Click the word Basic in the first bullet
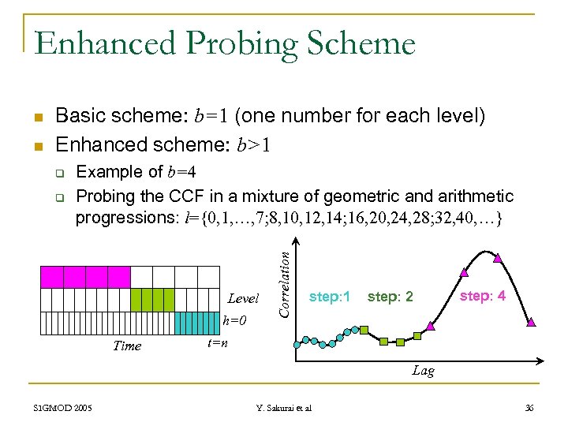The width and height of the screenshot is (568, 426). [82, 116]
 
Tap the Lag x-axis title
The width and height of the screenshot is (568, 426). [423, 371]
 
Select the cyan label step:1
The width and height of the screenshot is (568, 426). [330, 297]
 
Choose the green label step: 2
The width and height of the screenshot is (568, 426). [390, 297]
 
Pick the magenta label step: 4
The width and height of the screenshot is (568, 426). [482, 296]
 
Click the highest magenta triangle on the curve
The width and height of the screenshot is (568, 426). [497, 257]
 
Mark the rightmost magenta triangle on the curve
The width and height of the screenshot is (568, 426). [531, 322]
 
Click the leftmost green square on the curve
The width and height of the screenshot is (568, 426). [364, 328]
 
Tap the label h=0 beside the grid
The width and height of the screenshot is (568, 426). [234, 321]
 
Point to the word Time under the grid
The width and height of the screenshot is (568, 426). [127, 346]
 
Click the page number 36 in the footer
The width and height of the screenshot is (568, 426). [529, 407]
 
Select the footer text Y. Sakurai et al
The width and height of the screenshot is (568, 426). [283, 408]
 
